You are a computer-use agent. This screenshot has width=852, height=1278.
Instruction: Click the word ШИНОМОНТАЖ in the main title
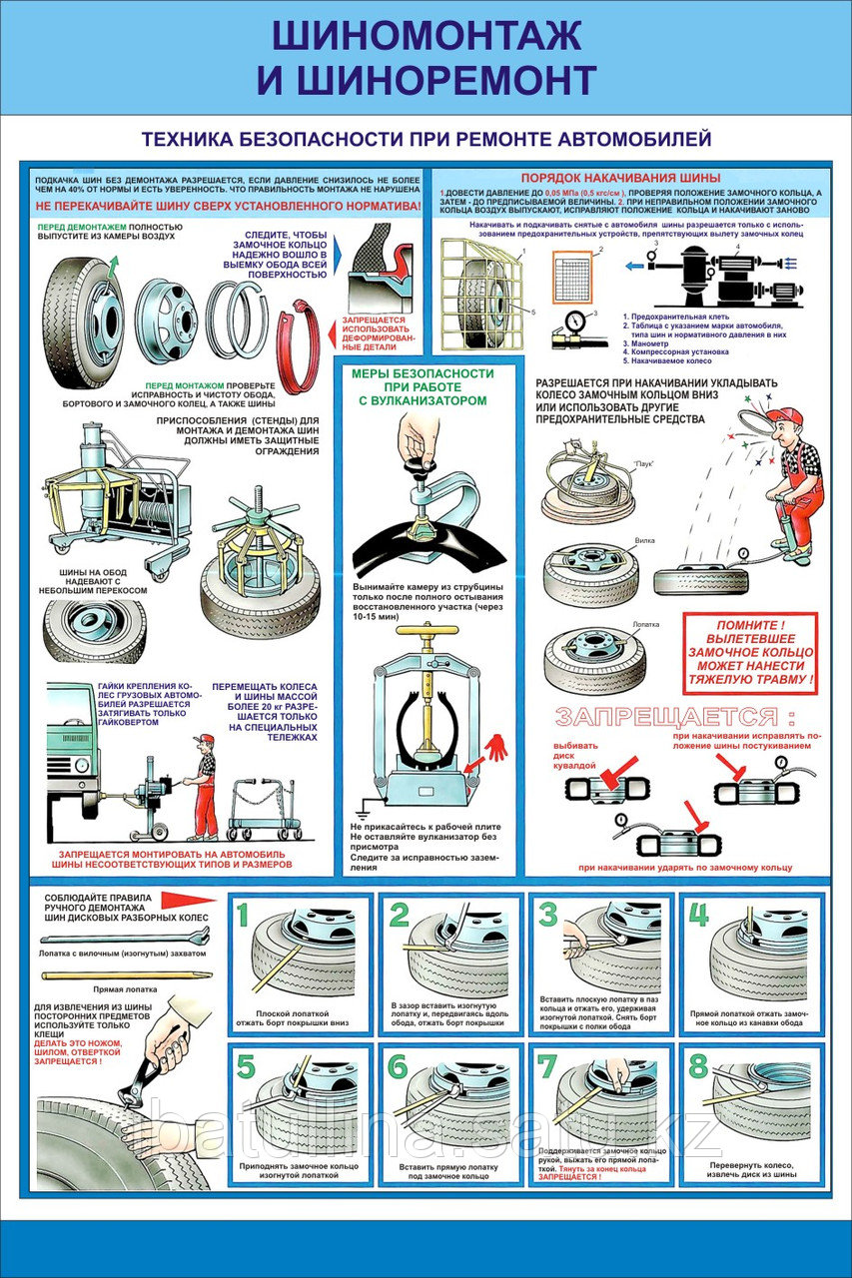[426, 35]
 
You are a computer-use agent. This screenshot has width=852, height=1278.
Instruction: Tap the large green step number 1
[243, 915]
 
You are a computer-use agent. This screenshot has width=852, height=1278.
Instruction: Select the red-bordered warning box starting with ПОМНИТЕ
[749, 652]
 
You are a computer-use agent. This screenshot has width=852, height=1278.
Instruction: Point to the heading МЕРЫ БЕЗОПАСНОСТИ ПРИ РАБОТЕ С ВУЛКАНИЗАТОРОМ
[423, 386]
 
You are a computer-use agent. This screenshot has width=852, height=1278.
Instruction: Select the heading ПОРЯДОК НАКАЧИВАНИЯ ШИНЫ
[627, 179]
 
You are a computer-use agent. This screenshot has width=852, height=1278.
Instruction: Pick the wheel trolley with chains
[266, 806]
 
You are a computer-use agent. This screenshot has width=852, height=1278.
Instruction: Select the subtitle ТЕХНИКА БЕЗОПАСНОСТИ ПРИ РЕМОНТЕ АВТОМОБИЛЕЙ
[426, 138]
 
